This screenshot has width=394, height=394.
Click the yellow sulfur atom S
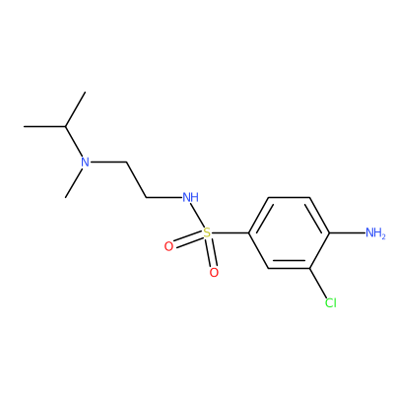(207, 233)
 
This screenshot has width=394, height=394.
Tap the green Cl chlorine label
(331, 302)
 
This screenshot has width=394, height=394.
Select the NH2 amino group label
(375, 233)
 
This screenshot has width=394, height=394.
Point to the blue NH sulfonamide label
(190, 197)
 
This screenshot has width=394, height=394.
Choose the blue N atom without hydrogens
(85, 162)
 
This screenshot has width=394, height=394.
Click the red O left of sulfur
(168, 246)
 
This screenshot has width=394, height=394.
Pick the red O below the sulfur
(214, 273)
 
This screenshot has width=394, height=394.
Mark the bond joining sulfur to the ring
(230, 233)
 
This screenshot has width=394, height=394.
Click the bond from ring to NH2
(348, 233)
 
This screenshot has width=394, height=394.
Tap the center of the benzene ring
(289, 233)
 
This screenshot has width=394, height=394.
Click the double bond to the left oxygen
(188, 239)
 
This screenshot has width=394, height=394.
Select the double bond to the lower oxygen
(211, 253)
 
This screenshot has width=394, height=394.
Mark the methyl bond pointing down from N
(73, 182)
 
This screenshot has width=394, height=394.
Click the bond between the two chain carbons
(136, 179)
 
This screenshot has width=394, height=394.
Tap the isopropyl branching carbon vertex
(65, 126)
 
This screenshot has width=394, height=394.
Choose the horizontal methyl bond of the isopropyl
(44, 126)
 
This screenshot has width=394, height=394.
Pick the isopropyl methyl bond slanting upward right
(75, 109)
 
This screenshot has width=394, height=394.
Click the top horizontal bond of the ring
(289, 197)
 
